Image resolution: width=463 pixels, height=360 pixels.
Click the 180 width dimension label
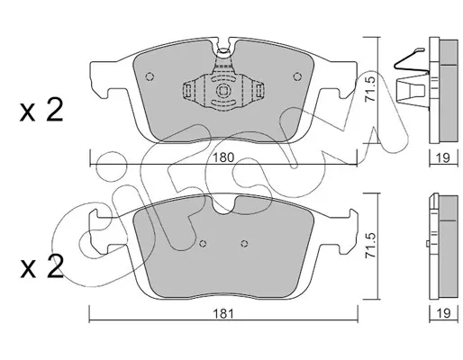point(223,157)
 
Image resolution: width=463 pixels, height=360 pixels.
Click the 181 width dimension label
point(223,314)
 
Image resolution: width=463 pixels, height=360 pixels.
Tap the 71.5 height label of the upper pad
point(370,89)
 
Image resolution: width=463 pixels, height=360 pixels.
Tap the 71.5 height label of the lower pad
point(370,245)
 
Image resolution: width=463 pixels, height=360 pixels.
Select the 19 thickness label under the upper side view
point(443,157)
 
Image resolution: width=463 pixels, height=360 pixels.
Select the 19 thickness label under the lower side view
point(443,314)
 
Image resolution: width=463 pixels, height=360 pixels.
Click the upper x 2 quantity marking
point(41,111)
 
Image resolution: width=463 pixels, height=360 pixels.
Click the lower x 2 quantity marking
point(41,266)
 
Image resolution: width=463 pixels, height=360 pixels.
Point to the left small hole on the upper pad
point(150,76)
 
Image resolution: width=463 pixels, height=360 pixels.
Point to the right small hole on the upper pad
point(297,76)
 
